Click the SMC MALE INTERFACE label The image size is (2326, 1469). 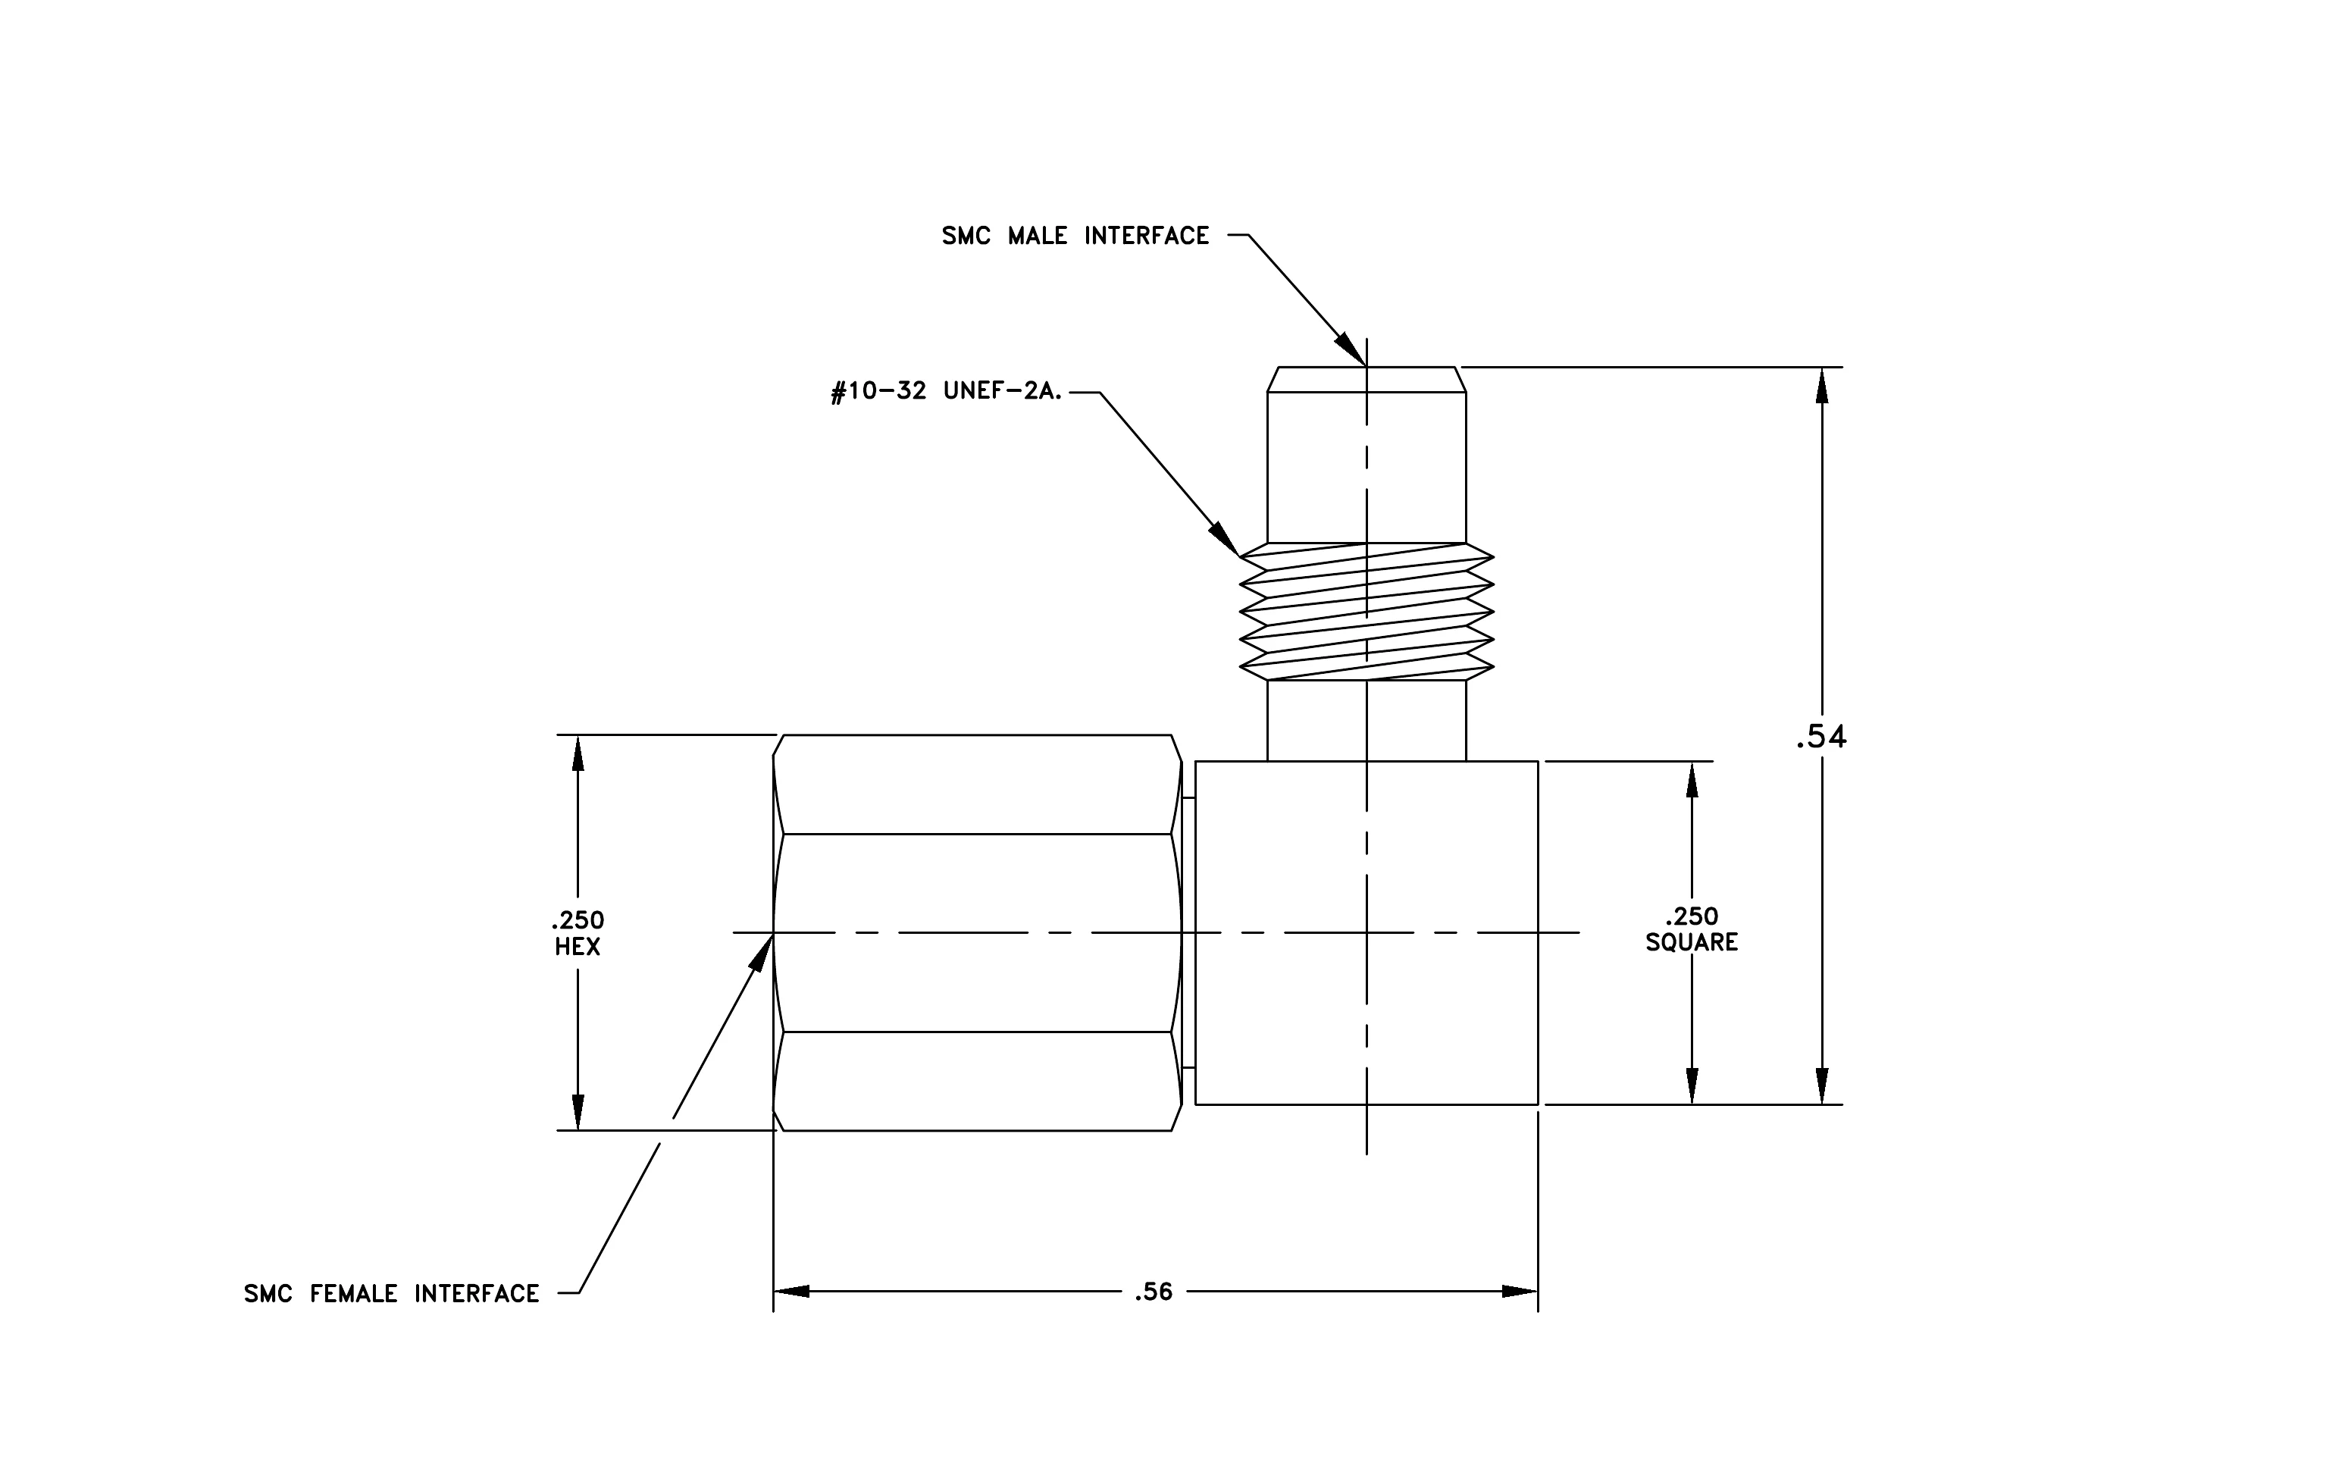(x=1075, y=236)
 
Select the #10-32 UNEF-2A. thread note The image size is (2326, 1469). (x=947, y=392)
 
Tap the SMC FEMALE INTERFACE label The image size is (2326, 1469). (x=391, y=1293)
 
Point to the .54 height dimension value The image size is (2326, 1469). (x=1820, y=737)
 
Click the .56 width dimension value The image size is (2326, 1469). (x=1154, y=1292)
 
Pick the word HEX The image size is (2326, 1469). (x=578, y=947)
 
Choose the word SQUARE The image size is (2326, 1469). (x=1692, y=943)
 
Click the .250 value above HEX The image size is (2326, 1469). (x=578, y=919)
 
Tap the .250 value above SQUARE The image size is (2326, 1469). (x=1692, y=916)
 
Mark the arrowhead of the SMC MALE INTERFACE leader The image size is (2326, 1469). (x=1351, y=349)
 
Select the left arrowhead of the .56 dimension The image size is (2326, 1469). (x=791, y=1292)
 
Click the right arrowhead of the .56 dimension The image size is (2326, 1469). (x=1520, y=1292)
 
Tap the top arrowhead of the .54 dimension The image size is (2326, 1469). (x=1822, y=384)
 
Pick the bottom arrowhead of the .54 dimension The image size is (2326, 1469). (x=1822, y=1086)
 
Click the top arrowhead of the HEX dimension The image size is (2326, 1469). (x=578, y=753)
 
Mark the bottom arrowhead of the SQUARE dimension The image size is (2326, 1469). (x=1692, y=1086)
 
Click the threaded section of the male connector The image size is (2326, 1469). (x=1366, y=612)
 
